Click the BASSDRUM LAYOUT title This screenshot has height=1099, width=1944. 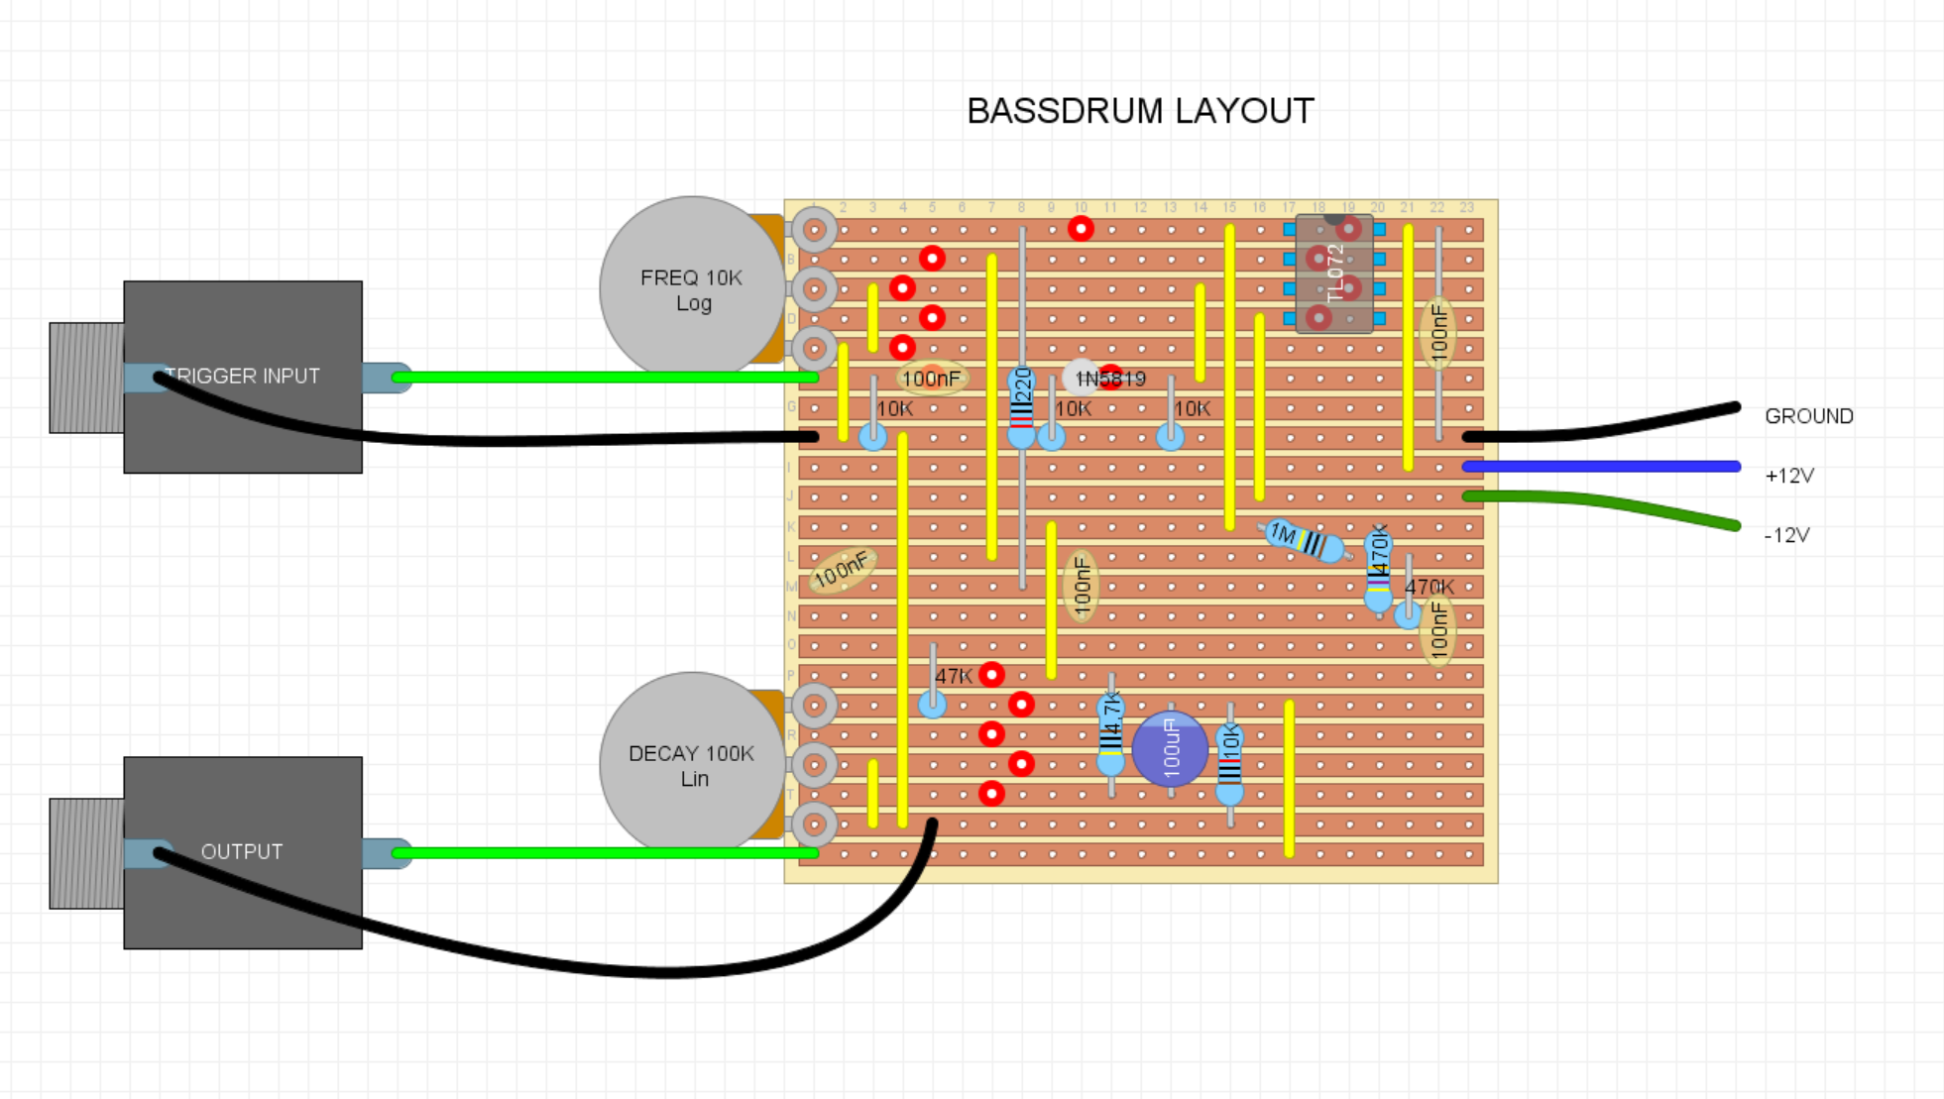(x=1140, y=111)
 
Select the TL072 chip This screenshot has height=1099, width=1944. (x=1334, y=274)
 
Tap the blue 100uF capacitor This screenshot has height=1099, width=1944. (x=1170, y=749)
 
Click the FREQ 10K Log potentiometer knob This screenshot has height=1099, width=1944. (x=691, y=288)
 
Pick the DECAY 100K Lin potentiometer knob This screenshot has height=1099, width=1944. (x=691, y=764)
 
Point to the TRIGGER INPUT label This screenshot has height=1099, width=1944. (x=243, y=377)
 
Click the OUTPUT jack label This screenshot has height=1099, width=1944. (x=242, y=852)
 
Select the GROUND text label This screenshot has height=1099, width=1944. (x=1808, y=416)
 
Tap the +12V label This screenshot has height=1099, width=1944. (x=1789, y=476)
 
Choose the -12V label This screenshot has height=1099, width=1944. (x=1787, y=535)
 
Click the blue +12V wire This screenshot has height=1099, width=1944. (x=1601, y=466)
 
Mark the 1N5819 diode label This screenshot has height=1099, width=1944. (x=1111, y=379)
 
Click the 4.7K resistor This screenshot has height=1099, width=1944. (x=1111, y=735)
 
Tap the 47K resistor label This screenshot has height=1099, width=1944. (x=954, y=676)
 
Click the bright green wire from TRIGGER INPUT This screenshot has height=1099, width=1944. (x=605, y=377)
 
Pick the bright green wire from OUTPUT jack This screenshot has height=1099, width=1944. (x=605, y=852)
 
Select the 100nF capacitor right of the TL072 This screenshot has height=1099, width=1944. (x=1439, y=334)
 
